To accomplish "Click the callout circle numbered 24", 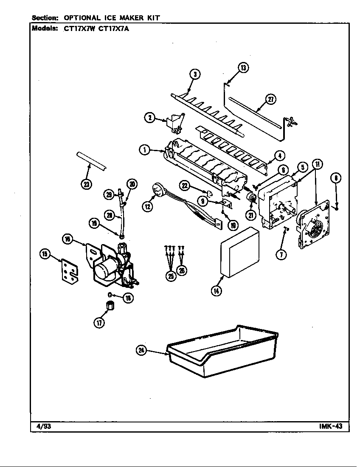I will point(141,350).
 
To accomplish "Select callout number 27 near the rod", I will point(270,99).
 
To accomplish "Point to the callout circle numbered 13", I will point(243,68).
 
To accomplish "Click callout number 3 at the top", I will point(194,75).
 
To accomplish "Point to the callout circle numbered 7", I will point(282,254).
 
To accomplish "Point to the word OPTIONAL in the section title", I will point(82,18).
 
